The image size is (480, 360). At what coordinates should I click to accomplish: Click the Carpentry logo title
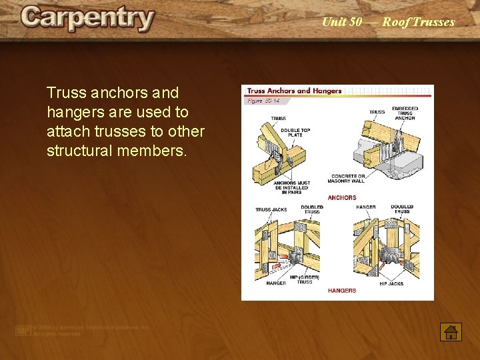(87, 19)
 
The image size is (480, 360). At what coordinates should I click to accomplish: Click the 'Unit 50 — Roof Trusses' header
(388, 22)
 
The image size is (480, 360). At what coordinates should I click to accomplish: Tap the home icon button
(451, 331)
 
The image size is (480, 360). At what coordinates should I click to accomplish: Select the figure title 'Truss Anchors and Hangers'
(294, 91)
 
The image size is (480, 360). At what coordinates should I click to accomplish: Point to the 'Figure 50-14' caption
(263, 100)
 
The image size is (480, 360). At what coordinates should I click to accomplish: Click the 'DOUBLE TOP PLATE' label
(291, 133)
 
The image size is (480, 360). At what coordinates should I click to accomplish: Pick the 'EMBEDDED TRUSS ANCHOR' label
(404, 113)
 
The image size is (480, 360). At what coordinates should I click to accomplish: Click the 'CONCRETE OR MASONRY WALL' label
(346, 179)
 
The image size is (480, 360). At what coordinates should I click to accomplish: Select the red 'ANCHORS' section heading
(342, 198)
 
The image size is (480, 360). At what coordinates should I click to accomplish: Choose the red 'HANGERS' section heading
(342, 291)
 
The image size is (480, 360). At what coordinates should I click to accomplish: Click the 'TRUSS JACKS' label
(271, 209)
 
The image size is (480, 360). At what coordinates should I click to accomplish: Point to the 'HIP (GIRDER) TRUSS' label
(305, 279)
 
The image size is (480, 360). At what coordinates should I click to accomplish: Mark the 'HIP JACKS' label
(391, 283)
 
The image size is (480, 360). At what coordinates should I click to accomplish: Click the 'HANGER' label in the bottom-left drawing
(276, 283)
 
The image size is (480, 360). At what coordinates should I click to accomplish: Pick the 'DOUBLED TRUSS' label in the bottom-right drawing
(402, 209)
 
